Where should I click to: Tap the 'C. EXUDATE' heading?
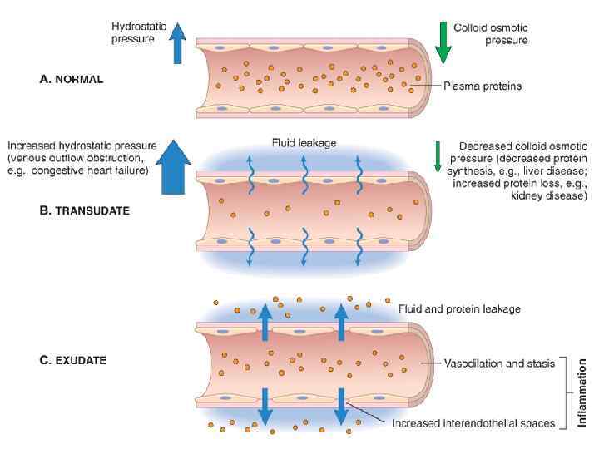tap(73, 361)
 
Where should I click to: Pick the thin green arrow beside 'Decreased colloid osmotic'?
tap(438, 156)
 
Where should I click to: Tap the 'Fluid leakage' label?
tap(304, 143)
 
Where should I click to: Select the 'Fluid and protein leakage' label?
tap(459, 309)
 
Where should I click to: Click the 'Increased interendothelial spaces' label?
tap(473, 423)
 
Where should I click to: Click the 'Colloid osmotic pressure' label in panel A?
tap(491, 33)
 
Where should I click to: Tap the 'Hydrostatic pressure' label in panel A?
tap(139, 32)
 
